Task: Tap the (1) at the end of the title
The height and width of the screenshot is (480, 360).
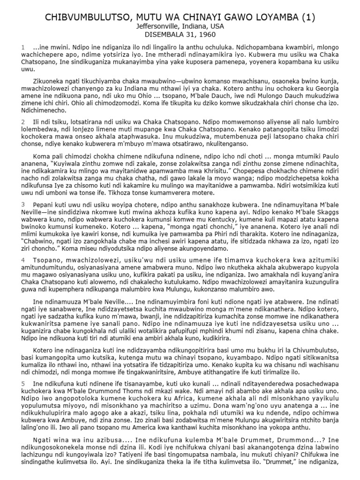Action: (x=307, y=18)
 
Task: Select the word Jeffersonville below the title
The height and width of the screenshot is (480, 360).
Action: (x=154, y=28)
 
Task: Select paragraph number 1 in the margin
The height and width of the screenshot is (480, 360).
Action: (x=22, y=48)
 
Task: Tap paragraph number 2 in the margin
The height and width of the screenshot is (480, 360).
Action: (x=22, y=122)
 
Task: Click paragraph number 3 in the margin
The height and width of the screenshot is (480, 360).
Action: (x=22, y=204)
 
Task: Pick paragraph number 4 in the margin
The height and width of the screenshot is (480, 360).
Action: (x=22, y=259)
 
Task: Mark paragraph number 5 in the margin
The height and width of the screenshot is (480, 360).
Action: (x=22, y=383)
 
